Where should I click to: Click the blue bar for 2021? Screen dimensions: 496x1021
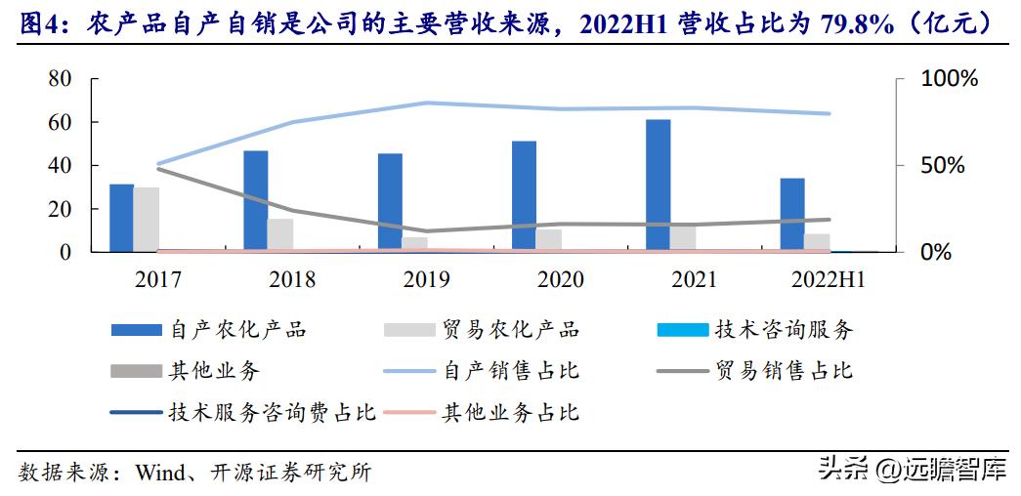click(x=659, y=186)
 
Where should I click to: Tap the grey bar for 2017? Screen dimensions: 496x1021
click(x=147, y=220)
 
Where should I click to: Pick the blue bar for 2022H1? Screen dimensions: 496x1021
click(x=792, y=215)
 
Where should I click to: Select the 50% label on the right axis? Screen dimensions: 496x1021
click(x=944, y=165)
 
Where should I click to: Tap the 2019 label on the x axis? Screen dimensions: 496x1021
click(x=426, y=280)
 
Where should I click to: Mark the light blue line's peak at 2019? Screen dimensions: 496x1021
click(x=427, y=103)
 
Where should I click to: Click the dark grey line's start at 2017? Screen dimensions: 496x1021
click(x=158, y=169)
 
